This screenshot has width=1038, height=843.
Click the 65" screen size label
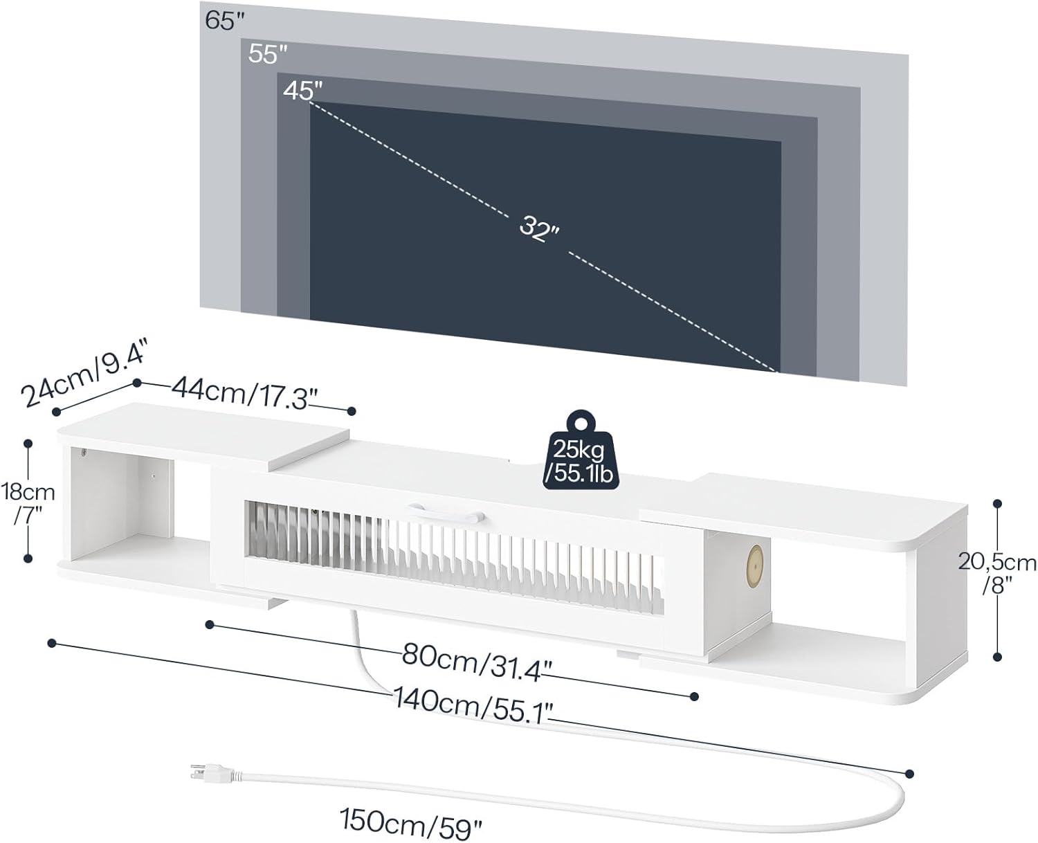226,20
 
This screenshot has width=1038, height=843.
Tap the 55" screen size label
267,54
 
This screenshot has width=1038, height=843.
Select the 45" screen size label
303,90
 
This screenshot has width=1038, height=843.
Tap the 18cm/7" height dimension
28,502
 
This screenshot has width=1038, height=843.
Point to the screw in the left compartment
83,453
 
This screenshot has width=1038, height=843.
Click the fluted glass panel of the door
450,554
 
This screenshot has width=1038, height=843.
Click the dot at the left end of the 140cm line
51,644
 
